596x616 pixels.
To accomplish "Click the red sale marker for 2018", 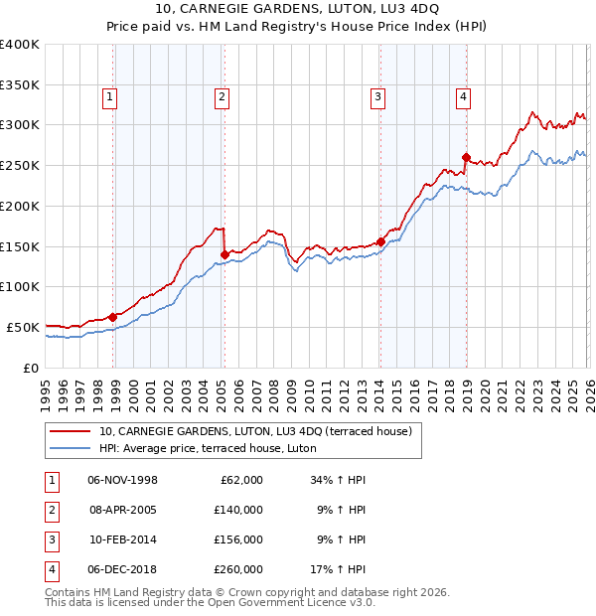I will tap(466, 157).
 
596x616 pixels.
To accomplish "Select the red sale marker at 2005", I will tap(224, 254).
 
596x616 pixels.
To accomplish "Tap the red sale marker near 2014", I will tap(380, 241).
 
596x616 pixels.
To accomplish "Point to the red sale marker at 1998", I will tap(113, 317).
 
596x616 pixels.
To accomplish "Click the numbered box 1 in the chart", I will tap(108, 96).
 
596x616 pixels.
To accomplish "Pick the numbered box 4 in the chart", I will tap(463, 96).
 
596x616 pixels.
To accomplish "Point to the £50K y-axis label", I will tap(23, 327).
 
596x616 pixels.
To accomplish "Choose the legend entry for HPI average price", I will tap(207, 448).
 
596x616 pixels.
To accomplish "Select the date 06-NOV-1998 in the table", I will tap(122, 480).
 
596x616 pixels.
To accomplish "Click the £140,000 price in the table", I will tap(237, 510).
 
